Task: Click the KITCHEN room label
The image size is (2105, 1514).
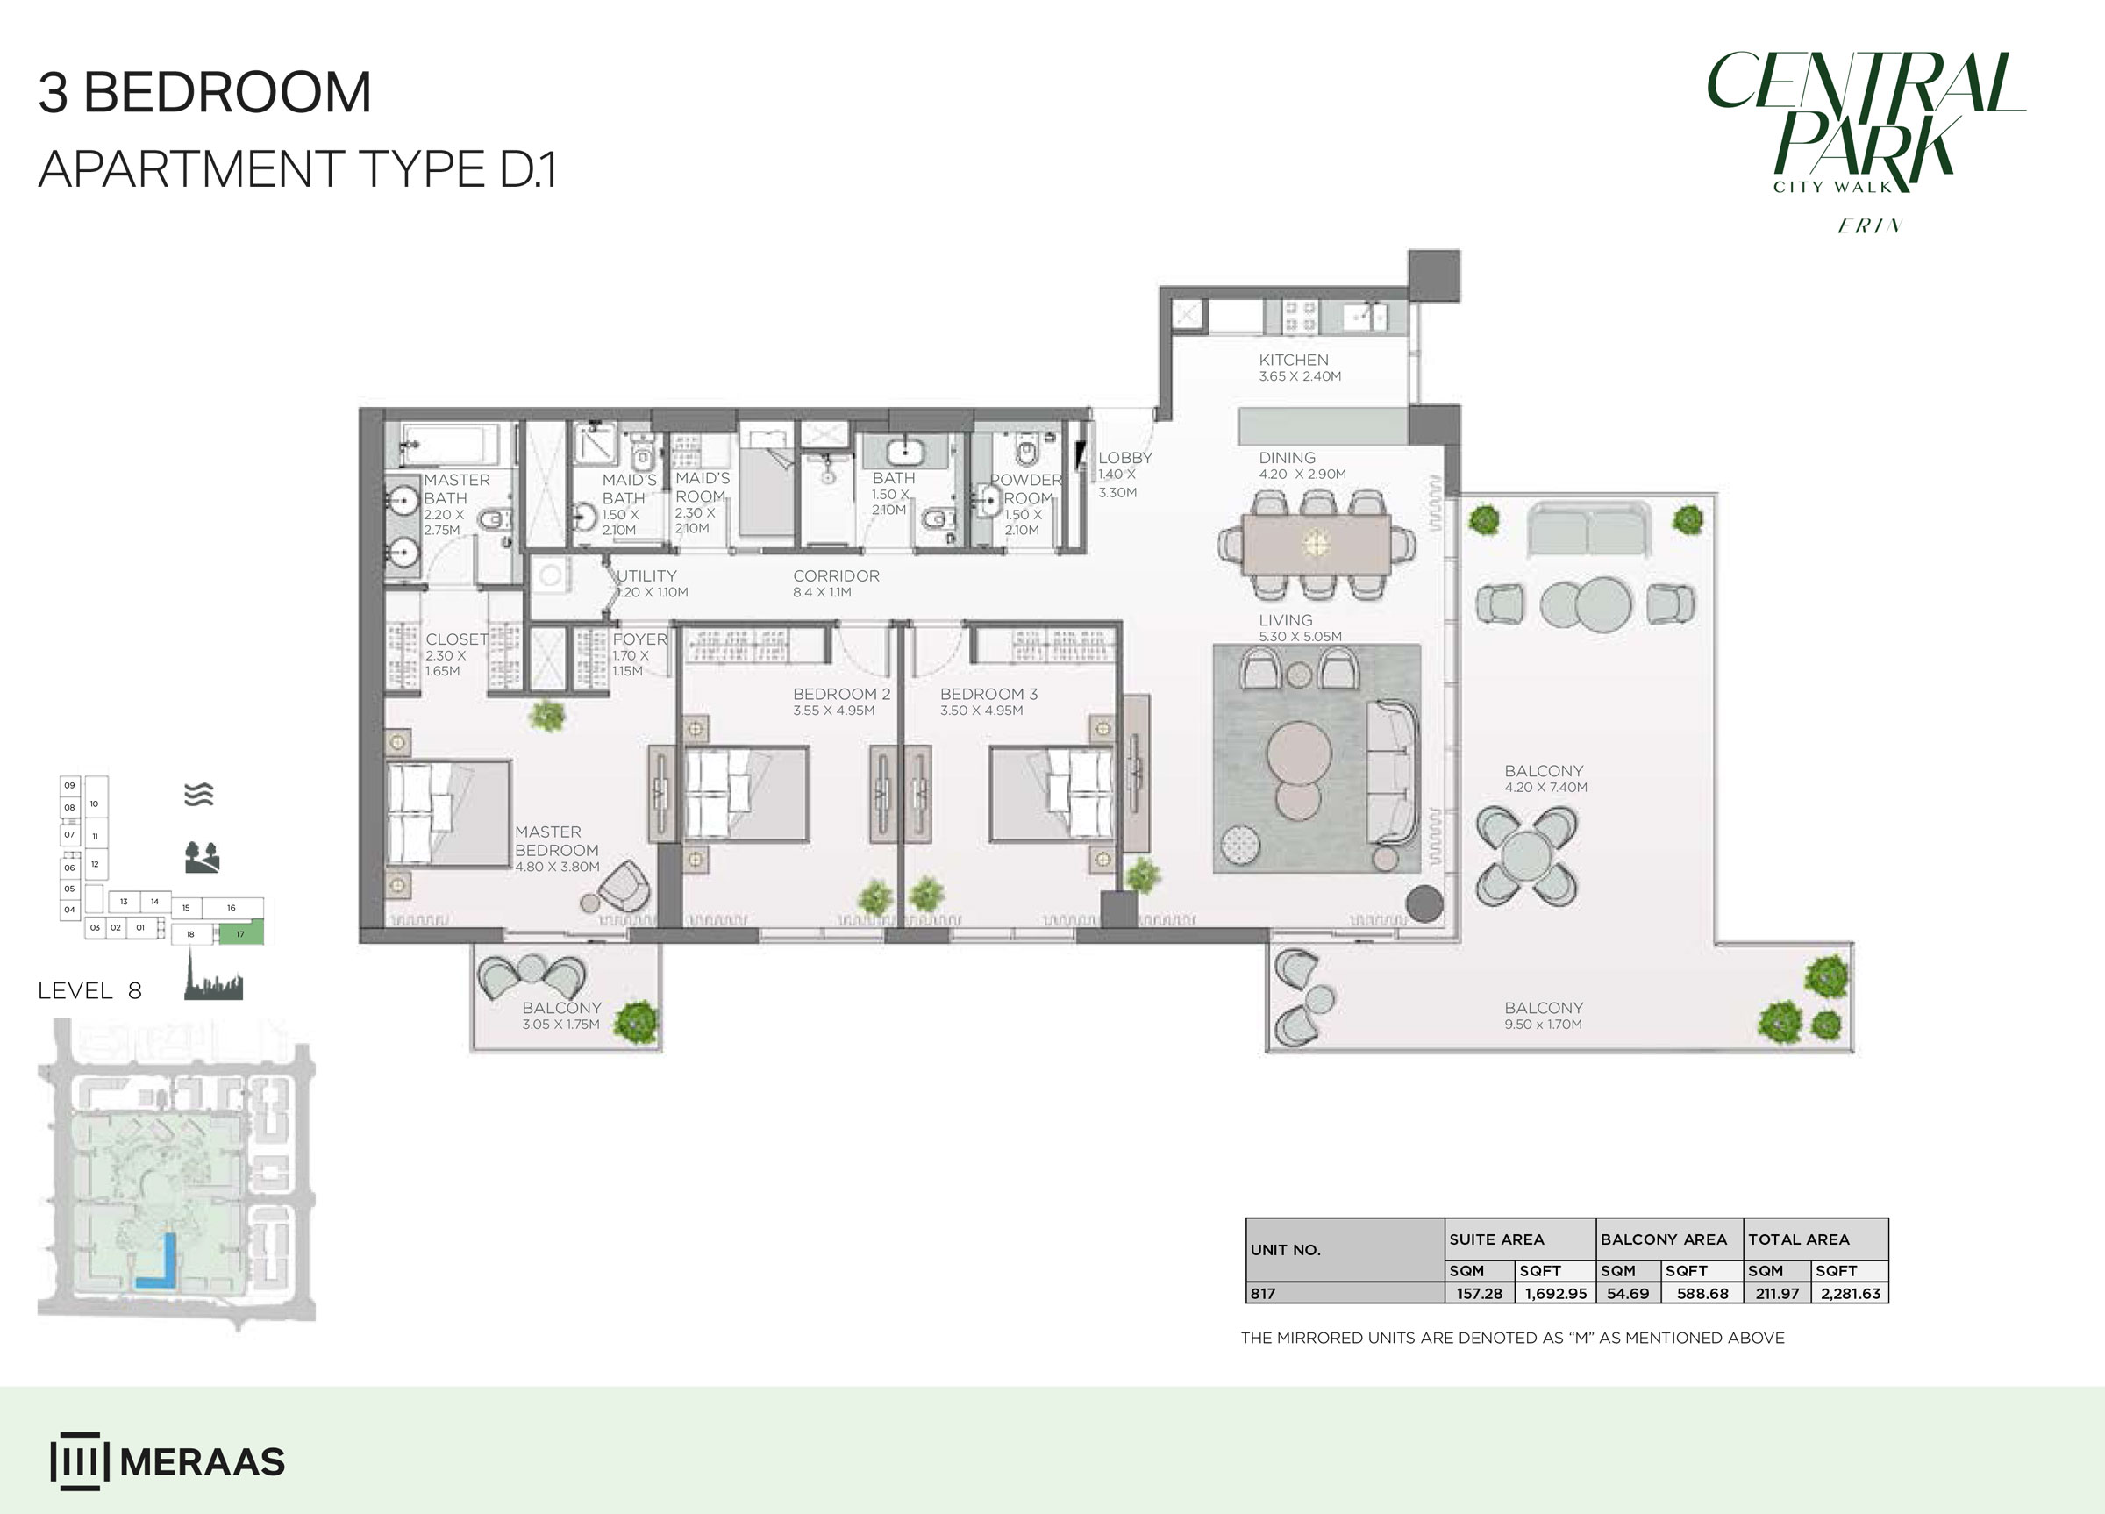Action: pos(1293,360)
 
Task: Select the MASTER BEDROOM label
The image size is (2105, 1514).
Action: pos(556,841)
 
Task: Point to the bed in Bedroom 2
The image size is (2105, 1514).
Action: pos(746,794)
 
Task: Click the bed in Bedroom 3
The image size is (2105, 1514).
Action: pos(1051,794)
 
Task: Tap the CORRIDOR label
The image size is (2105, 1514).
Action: pos(835,575)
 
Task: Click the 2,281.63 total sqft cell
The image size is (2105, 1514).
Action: pos(1850,1293)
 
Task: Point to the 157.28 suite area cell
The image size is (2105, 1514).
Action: pos(1479,1293)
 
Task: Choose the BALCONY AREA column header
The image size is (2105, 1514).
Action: pos(1663,1239)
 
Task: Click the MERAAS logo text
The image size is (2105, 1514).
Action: pos(203,1462)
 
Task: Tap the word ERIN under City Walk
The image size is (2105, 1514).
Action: pos(1869,225)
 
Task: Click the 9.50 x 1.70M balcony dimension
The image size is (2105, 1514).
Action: pos(1543,1024)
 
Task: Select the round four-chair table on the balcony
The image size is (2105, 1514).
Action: pos(1526,856)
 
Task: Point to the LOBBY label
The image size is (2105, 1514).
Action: pos(1125,458)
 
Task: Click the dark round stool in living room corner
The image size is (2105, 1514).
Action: pos(1424,903)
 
